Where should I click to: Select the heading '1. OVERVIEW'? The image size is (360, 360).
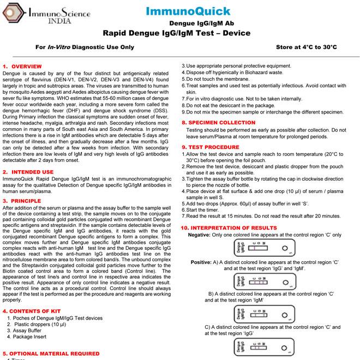pyautogui.click(x=23, y=66)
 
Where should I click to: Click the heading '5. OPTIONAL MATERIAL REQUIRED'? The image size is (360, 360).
pyautogui.click(x=51, y=353)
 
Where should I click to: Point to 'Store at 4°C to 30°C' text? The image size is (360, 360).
pyautogui.click(x=307, y=47)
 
